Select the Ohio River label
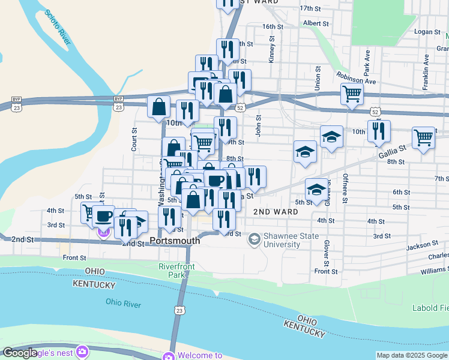pyautogui.click(x=123, y=304)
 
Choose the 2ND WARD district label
pyautogui.click(x=276, y=212)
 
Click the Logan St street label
pyautogui.click(x=427, y=31)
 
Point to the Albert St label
pyautogui.click(x=316, y=23)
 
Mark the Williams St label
pyautogui.click(x=434, y=272)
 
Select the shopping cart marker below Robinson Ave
pyautogui.click(x=352, y=94)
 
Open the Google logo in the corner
pyautogui.click(x=20, y=353)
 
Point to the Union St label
pyautogui.click(x=317, y=79)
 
